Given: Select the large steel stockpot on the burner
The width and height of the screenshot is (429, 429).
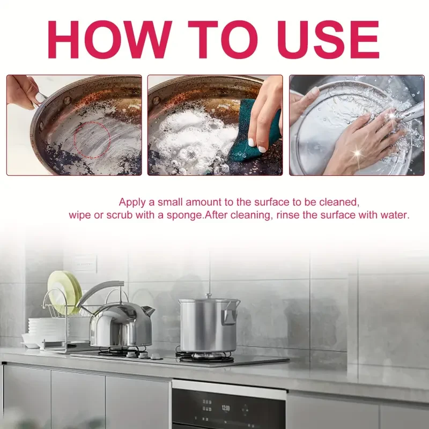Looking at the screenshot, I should pyautogui.click(x=208, y=325).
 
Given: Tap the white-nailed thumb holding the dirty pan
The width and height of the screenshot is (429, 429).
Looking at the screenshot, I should pyautogui.click(x=39, y=97).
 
